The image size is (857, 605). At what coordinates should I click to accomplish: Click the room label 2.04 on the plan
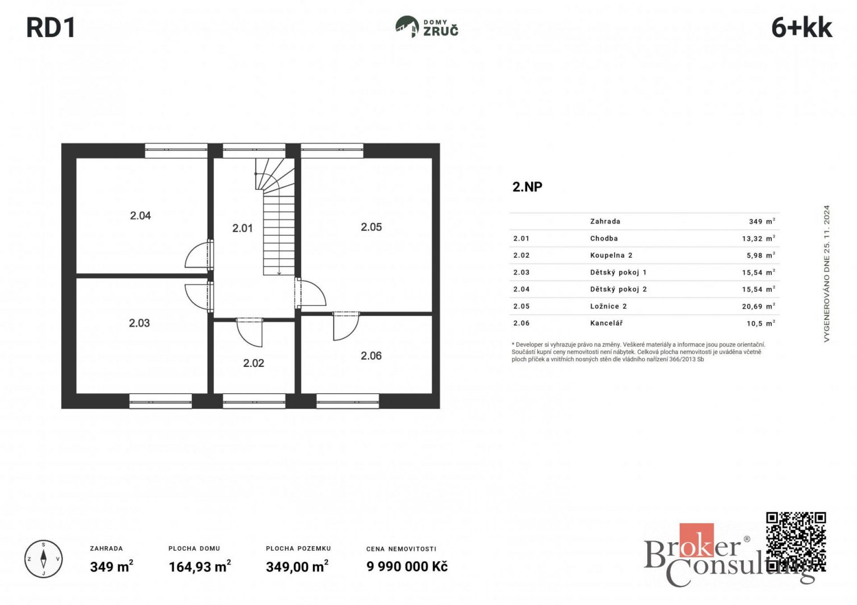140,216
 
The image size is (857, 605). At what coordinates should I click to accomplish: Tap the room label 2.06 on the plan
371,356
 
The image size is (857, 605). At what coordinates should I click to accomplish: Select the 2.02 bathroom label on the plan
254,363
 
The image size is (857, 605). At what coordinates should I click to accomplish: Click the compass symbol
43,559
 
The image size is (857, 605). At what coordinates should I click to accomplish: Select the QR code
796,542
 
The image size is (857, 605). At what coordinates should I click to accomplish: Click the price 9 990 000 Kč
407,566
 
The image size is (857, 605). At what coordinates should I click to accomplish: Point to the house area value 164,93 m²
200,566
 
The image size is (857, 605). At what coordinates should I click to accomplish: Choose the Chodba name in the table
604,239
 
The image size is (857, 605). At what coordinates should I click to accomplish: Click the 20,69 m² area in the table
758,306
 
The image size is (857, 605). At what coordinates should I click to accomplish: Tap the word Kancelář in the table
606,323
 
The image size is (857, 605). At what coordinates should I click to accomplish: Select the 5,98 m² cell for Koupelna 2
761,255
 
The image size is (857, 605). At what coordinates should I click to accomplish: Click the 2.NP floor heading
527,187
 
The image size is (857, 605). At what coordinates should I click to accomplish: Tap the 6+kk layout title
802,28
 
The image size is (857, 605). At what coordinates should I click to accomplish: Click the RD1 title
51,28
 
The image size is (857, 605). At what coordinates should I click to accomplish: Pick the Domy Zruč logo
427,27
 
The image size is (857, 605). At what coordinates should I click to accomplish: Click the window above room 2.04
176,151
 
